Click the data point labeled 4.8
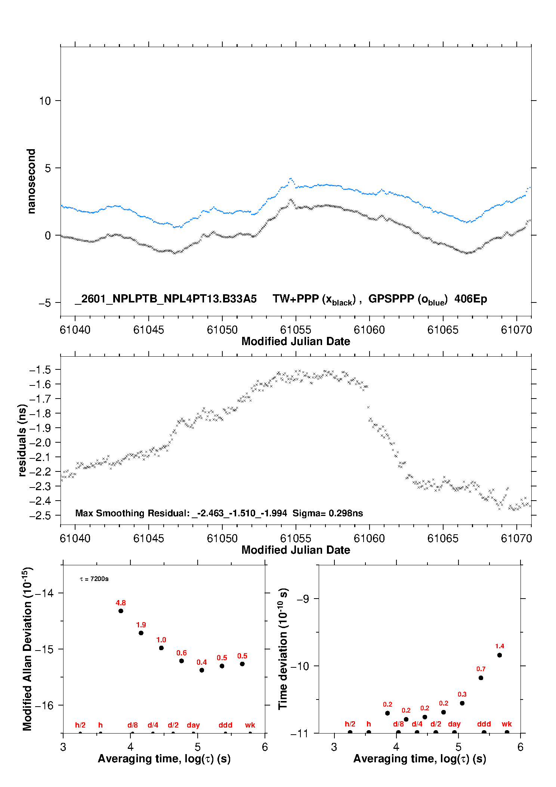point(121,611)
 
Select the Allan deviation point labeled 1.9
point(141,633)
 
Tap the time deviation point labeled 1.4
point(500,655)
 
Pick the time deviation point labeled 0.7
point(481,678)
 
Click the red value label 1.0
point(161,640)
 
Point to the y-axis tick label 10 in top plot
point(45,101)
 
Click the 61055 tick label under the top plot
point(296,330)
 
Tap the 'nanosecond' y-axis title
point(31,181)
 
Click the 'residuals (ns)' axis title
point(22,440)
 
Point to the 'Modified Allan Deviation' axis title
point(27,649)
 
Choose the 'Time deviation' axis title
point(283,649)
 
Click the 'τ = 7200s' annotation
point(94,579)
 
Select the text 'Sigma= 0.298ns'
point(328,513)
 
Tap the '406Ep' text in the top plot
point(470,299)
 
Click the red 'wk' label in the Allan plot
point(250,725)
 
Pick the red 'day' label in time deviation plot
point(454,724)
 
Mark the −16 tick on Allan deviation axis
point(44,705)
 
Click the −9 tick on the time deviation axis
point(303,599)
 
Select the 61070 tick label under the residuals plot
point(516,539)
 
